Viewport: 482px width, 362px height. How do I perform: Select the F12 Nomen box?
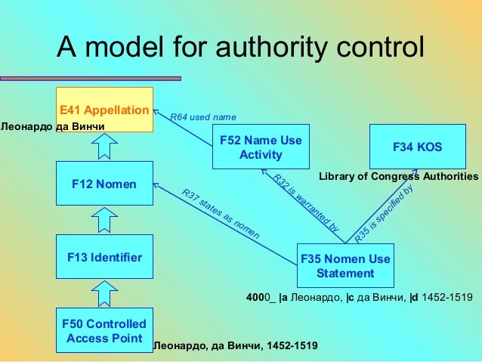(x=104, y=184)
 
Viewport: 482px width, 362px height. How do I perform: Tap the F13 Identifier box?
(x=104, y=258)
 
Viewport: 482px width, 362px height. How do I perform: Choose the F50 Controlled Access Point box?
(x=104, y=330)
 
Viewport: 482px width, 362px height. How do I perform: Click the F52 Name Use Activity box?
(x=261, y=147)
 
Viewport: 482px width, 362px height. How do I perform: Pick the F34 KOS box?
(x=418, y=147)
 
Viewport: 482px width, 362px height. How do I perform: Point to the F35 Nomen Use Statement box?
(x=345, y=265)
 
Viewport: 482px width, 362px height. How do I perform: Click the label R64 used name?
(x=203, y=117)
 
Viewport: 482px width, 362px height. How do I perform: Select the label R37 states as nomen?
(x=221, y=215)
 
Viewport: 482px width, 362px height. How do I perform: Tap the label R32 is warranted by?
(x=305, y=202)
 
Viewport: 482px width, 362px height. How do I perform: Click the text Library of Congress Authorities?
(x=399, y=176)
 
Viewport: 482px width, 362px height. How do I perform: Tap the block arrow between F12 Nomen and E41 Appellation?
(x=105, y=145)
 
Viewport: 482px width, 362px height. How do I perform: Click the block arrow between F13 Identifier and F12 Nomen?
(x=105, y=220)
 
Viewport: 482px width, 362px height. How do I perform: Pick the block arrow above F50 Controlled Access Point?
(x=105, y=293)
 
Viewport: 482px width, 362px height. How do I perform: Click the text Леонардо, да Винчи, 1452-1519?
(x=236, y=345)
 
